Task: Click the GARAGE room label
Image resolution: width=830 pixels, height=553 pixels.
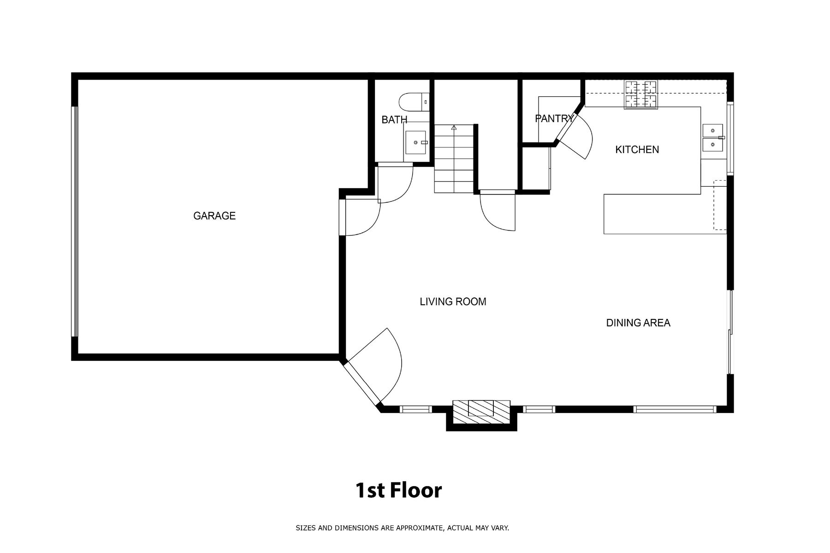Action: (214, 216)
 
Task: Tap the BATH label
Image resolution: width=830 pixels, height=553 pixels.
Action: (394, 120)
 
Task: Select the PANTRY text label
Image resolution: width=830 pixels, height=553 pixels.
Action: (554, 118)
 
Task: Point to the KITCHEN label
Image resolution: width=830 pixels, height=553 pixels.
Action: (637, 149)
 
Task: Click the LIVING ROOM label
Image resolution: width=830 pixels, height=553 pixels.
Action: (453, 301)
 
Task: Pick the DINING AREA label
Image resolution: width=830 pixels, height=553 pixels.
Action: (638, 323)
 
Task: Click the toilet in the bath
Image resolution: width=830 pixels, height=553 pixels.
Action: (414, 102)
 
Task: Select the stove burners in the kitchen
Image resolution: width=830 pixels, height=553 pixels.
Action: (641, 95)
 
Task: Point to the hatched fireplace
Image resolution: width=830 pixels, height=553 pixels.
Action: (481, 412)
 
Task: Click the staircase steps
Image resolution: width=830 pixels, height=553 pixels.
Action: (454, 158)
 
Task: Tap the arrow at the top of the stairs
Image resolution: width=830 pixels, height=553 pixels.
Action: (454, 128)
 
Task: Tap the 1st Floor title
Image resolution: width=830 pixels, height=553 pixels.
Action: (398, 490)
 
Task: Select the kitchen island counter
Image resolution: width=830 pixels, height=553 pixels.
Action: (665, 214)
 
